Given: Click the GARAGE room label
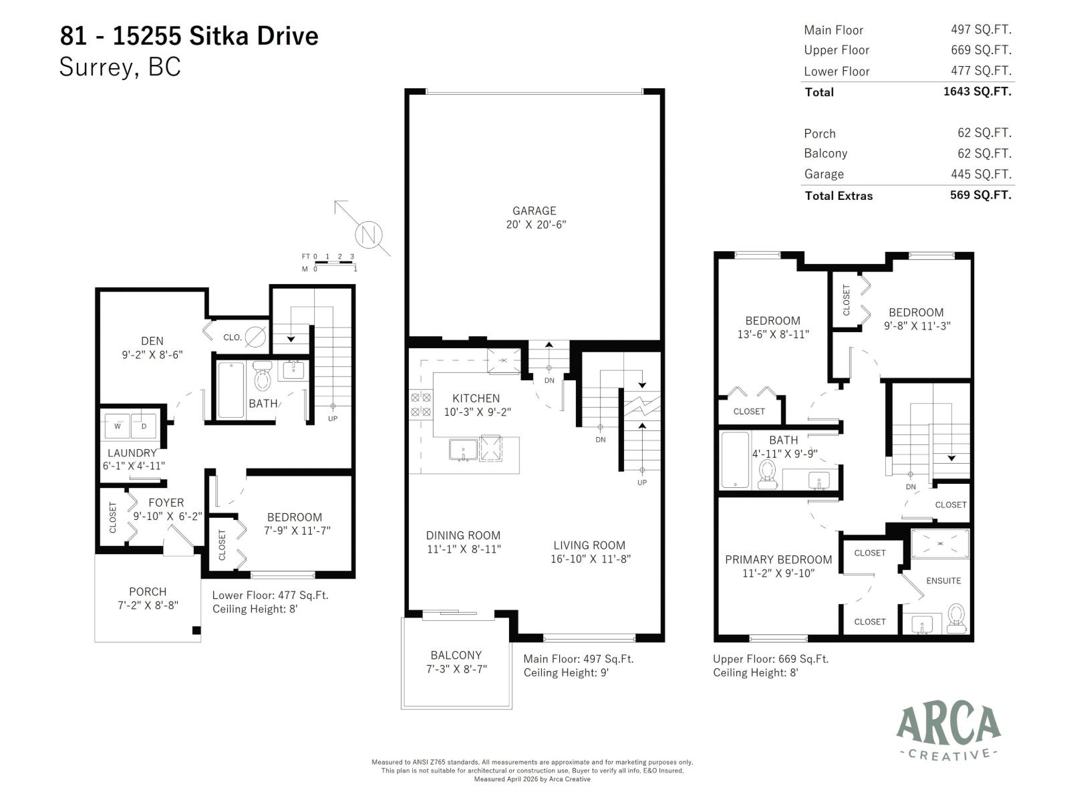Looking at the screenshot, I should [534, 211].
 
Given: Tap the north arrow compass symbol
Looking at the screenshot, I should [367, 234].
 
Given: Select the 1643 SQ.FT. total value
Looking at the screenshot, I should [977, 92].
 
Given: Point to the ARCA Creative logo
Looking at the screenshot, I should [948, 732].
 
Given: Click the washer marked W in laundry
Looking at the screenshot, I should [118, 426].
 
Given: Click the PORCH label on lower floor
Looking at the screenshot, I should [148, 591].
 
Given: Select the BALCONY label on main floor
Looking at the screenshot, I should [456, 655].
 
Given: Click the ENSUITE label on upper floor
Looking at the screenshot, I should [943, 581].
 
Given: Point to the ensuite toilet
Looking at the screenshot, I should [956, 619].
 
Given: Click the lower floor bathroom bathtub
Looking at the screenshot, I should [231, 390].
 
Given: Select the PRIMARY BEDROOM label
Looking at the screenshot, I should [778, 559].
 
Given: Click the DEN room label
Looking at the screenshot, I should [152, 341].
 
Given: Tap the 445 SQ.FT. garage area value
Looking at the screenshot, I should [984, 174].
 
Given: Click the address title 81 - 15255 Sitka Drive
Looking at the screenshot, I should [189, 35].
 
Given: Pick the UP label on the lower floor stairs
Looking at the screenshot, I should [333, 418].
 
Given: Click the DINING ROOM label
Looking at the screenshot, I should [463, 535].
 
